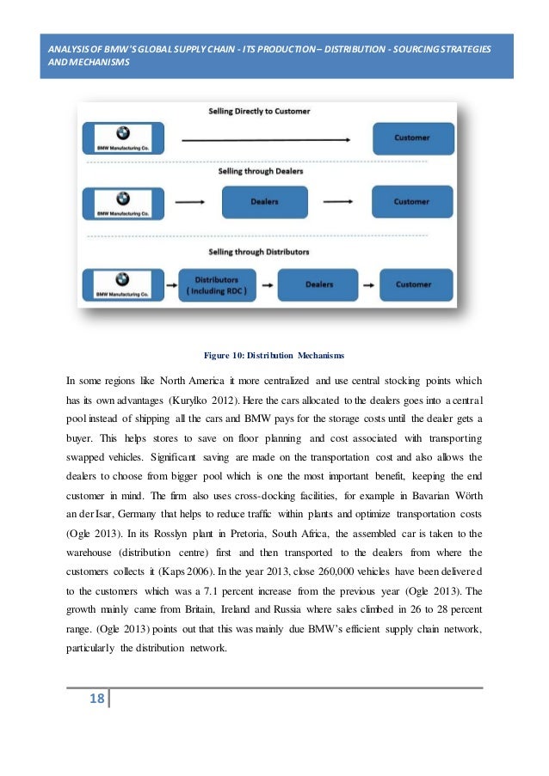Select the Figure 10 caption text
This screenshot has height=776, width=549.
[274, 354]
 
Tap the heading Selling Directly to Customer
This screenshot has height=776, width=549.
[259, 112]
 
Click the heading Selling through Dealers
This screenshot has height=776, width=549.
[260, 171]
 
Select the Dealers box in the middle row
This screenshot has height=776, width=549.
[263, 202]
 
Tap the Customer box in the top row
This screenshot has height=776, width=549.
[412, 137]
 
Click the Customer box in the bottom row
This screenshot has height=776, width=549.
[414, 284]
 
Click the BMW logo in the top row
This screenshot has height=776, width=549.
[122, 132]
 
